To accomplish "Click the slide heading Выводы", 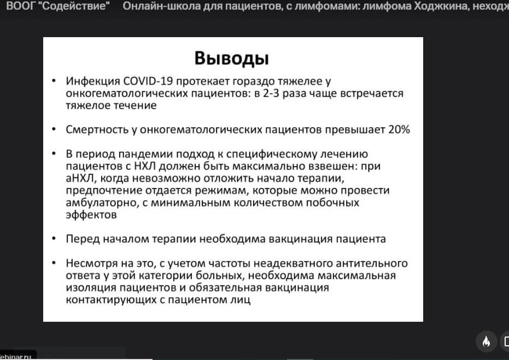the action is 232,58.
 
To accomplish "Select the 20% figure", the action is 399,129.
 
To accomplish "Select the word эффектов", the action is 91,215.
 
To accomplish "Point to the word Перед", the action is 83,239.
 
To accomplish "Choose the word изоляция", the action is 91,288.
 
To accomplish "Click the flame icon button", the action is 486,341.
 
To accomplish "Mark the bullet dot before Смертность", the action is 54,129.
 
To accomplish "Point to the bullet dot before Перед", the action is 54,239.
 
